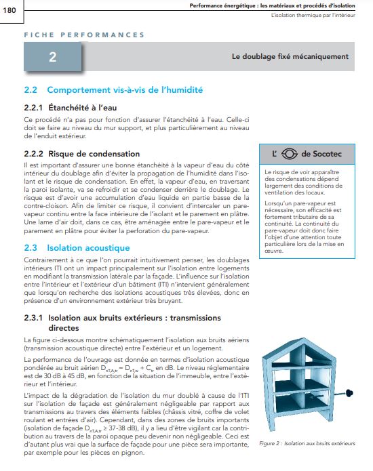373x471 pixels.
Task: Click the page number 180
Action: (x=12, y=8)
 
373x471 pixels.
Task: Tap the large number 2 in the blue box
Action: (x=52, y=58)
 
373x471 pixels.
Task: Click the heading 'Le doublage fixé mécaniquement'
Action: (x=290, y=57)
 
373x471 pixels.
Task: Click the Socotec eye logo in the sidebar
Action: (x=290, y=153)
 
